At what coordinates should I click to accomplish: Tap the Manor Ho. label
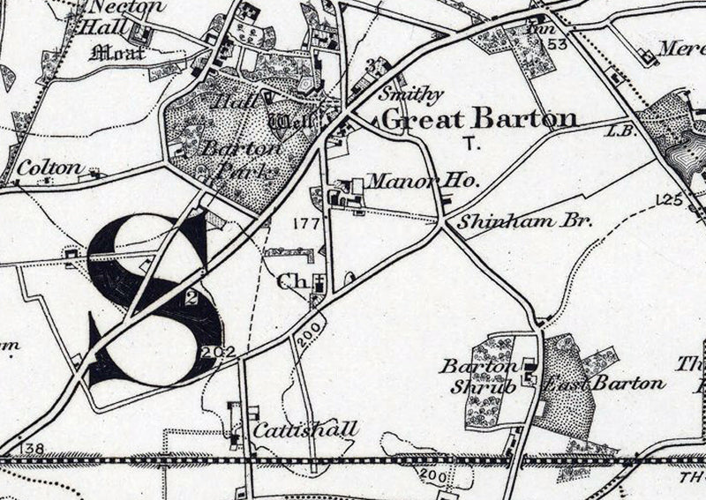[x=422, y=182]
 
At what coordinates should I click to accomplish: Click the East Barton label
[x=604, y=383]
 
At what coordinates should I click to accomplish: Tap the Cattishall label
[x=305, y=429]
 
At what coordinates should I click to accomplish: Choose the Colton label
[x=49, y=167]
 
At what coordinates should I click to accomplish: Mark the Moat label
[x=117, y=52]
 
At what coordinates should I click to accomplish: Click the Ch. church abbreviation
[x=289, y=282]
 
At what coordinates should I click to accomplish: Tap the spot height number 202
[x=213, y=351]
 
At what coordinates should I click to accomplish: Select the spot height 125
[x=670, y=199]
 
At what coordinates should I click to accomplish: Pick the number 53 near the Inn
[x=554, y=43]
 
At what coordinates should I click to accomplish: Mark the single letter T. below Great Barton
[x=469, y=142]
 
